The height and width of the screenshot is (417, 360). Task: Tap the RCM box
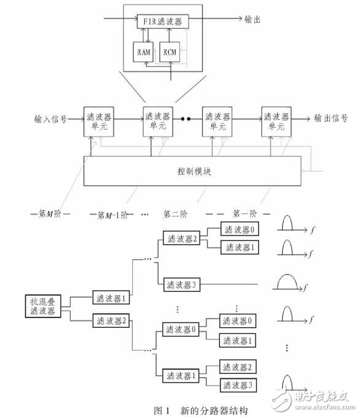click(170, 52)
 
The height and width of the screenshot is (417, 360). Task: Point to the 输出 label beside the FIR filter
click(253, 20)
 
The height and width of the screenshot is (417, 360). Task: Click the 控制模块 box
click(192, 171)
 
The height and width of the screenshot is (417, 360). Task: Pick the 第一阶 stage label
click(245, 213)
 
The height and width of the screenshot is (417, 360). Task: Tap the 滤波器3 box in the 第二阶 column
click(180, 285)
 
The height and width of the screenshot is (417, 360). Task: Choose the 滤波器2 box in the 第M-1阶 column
click(111, 320)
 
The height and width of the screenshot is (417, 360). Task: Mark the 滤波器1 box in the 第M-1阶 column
click(111, 298)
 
